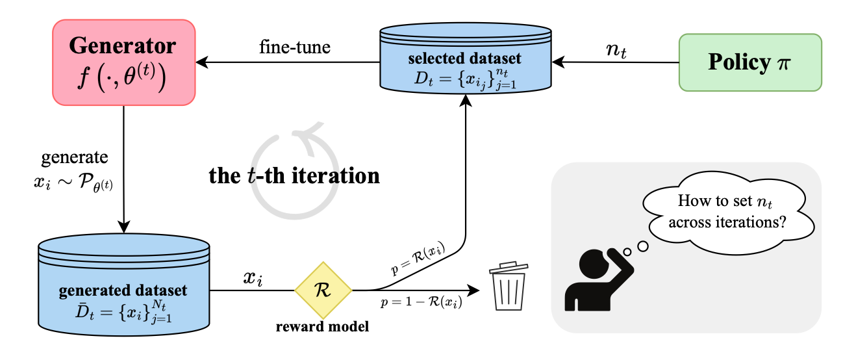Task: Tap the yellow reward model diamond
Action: pos(323,290)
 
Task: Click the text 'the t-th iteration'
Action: pos(294,175)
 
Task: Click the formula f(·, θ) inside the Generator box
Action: pos(123,79)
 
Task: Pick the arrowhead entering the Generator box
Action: pos(203,63)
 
